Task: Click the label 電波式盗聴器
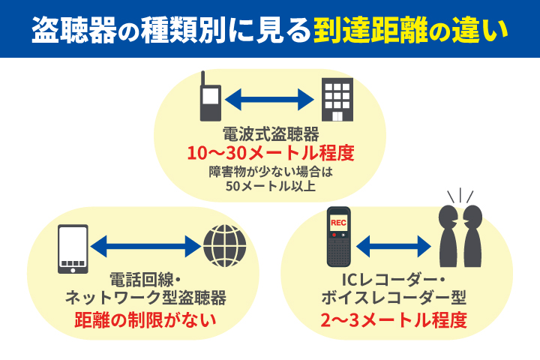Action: [271, 135]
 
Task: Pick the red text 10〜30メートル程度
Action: [270, 154]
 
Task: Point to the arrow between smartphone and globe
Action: [146, 245]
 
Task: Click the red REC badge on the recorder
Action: [339, 222]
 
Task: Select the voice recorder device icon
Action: [339, 237]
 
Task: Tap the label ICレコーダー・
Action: [393, 280]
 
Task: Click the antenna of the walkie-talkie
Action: [203, 79]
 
